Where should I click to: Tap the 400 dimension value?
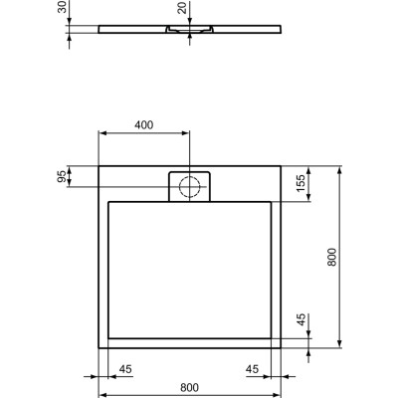click(144, 125)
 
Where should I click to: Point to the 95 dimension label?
click(62, 177)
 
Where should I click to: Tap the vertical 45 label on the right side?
click(299, 320)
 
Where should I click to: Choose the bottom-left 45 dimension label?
click(125, 370)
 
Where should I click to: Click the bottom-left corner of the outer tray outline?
click(98, 349)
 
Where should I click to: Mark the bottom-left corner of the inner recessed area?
click(108, 338)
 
